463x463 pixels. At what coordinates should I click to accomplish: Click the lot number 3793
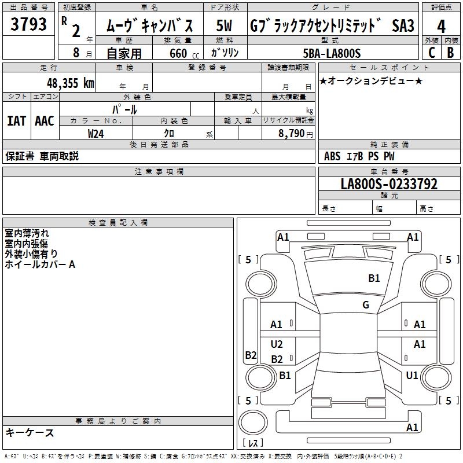tap(29, 26)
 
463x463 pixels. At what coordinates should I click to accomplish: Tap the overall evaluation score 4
tap(441, 27)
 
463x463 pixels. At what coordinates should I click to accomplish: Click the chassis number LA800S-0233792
tap(389, 184)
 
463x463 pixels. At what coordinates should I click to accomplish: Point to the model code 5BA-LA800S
tap(332, 53)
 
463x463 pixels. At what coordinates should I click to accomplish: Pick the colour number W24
tap(97, 133)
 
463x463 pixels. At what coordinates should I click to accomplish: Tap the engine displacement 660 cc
tap(178, 53)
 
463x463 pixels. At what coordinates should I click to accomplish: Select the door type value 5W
tap(225, 26)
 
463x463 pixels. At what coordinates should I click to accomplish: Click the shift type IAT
tap(16, 121)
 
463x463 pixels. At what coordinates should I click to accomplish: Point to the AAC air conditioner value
tap(45, 121)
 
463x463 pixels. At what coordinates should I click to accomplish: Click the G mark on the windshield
tap(366, 305)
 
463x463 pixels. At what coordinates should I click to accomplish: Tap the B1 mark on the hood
tap(374, 278)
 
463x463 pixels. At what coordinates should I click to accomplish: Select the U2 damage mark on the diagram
tap(277, 344)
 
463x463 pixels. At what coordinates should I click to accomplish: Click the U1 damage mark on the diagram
tap(412, 376)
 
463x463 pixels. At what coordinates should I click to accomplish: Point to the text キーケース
tap(30, 432)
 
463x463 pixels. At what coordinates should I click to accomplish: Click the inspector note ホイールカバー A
tap(40, 264)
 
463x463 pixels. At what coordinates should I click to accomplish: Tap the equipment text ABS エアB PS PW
tap(361, 156)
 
